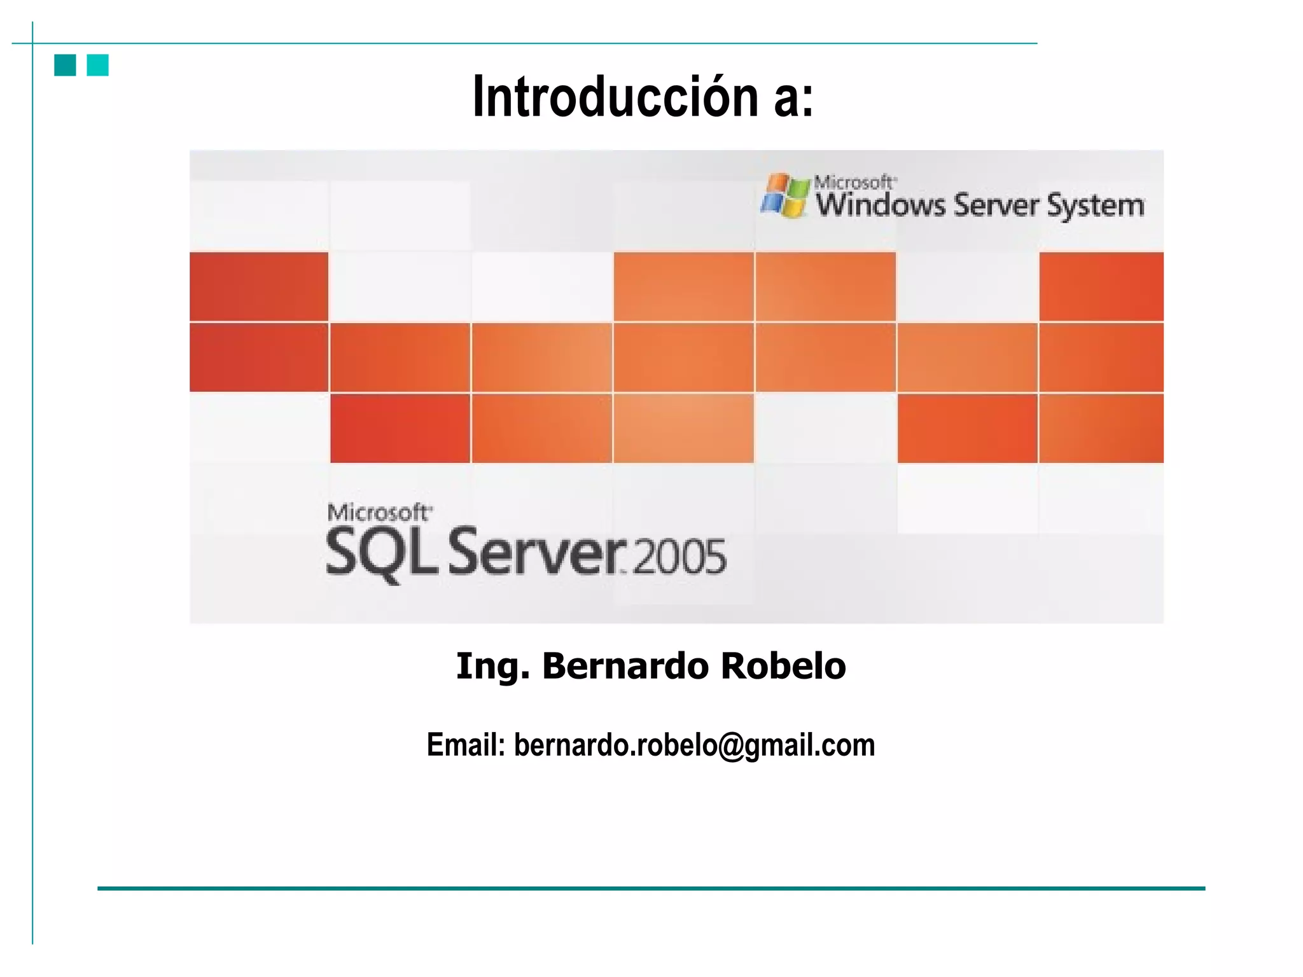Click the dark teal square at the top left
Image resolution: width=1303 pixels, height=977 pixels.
[65, 65]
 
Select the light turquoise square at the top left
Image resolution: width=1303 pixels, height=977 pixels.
[98, 65]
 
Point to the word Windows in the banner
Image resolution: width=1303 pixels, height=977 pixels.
[881, 205]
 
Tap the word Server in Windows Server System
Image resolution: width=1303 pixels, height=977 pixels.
[996, 205]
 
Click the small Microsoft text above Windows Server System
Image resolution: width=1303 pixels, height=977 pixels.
[854, 183]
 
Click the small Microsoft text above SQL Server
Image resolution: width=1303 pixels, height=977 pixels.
[379, 513]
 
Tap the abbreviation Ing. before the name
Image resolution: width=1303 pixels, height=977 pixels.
[492, 667]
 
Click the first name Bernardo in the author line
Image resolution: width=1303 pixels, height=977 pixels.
[625, 666]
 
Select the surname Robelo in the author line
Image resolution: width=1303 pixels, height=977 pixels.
[783, 666]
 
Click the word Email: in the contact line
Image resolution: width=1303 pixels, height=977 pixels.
[466, 745]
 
